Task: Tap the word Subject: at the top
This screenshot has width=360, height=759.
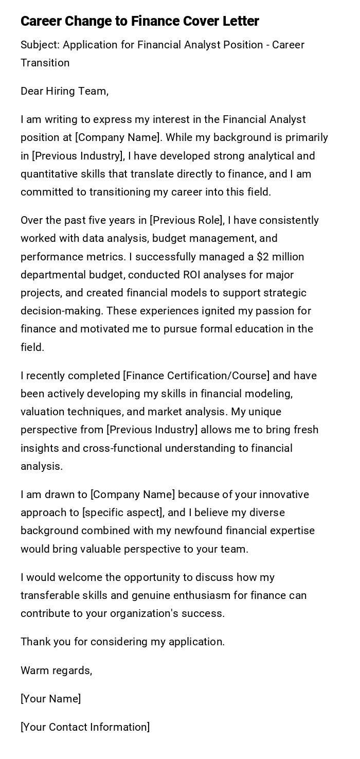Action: coord(40,45)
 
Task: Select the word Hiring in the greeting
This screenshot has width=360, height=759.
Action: coord(61,91)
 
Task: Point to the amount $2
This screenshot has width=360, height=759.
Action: coord(263,256)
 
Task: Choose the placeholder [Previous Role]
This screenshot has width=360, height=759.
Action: coord(187,220)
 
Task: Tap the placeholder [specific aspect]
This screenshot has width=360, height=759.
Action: coord(123,513)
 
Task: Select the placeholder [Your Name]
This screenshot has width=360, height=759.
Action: coord(50,699)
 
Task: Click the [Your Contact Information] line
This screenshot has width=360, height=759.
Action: coord(85,727)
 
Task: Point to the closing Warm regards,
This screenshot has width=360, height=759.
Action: coord(56,670)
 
